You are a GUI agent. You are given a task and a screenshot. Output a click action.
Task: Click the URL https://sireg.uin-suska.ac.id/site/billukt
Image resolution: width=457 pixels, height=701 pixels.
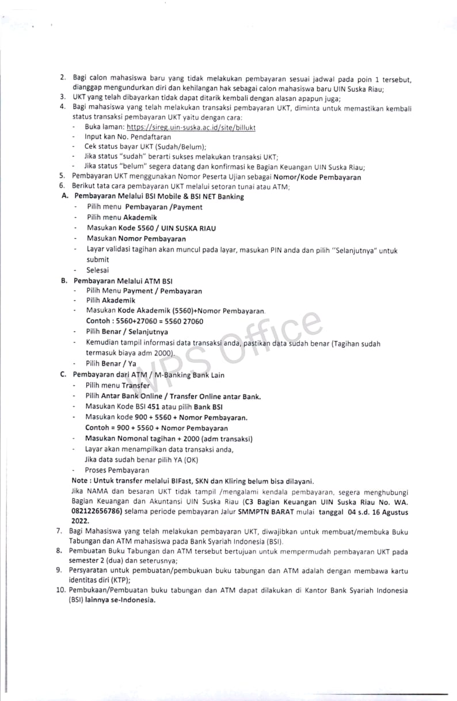click(191, 127)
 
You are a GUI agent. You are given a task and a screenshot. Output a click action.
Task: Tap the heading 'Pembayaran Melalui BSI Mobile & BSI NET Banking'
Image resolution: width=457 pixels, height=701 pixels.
click(159, 196)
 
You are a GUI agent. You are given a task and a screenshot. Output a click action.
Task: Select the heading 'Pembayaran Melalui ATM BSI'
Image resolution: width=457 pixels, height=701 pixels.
click(123, 281)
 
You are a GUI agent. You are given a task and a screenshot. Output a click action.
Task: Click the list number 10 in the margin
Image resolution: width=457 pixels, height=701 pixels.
click(61, 590)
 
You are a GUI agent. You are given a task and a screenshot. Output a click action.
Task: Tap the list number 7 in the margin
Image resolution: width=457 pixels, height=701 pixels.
click(59, 531)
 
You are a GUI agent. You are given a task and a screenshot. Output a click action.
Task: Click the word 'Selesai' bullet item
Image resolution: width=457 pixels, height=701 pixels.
click(98, 270)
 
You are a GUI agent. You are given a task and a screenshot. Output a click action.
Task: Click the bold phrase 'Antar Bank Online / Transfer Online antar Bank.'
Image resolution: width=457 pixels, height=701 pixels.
click(181, 396)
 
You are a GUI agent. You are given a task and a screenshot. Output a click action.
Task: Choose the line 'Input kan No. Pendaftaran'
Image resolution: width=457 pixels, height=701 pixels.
click(127, 137)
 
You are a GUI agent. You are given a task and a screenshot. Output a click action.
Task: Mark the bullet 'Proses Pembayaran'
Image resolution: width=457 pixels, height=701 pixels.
click(116, 470)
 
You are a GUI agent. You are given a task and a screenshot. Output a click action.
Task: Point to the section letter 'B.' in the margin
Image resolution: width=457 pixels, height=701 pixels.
click(65, 281)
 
